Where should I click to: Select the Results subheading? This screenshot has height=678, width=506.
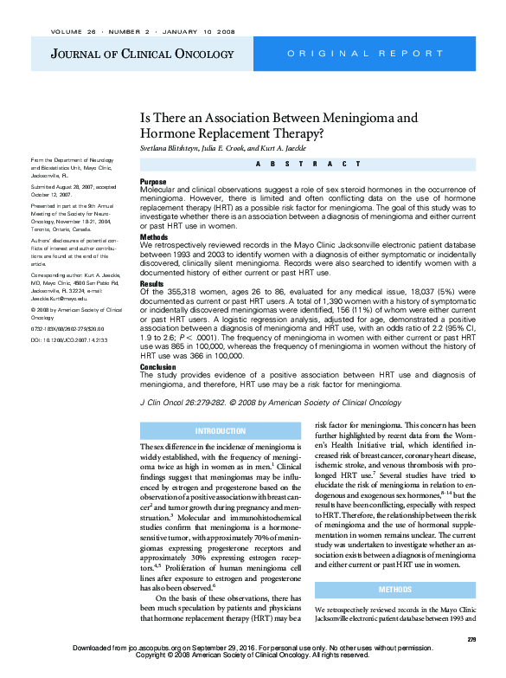152,283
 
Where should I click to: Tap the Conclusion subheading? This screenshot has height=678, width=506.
157,366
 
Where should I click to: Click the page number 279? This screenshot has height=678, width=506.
471,639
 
